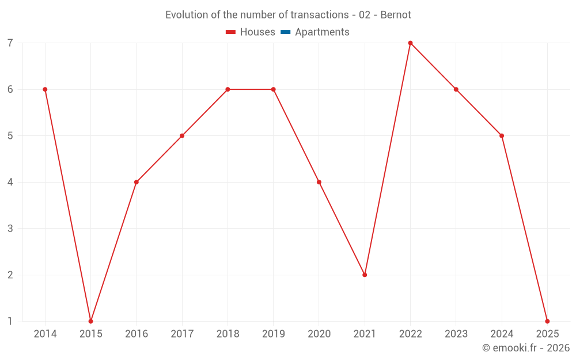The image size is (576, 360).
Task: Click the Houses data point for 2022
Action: [410, 43]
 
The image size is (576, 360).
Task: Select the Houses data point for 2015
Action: [90, 321]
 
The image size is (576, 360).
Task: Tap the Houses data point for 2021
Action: [365, 275]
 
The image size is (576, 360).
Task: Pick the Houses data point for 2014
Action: [45, 89]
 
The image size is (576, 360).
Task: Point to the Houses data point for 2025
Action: [547, 321]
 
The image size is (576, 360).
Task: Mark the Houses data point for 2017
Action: [182, 136]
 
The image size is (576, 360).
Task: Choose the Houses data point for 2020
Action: [319, 182]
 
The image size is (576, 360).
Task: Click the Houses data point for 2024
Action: [502, 136]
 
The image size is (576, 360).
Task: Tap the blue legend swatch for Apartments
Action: [285, 32]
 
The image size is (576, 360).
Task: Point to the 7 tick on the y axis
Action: [10, 43]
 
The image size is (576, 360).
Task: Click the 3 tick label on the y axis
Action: [10, 229]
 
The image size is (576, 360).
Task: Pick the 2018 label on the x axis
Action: [228, 334]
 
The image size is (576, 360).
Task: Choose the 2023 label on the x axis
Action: [456, 334]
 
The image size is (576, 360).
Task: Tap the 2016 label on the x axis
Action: [137, 334]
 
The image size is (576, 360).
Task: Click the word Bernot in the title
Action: [396, 15]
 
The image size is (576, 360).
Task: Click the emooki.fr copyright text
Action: [526, 348]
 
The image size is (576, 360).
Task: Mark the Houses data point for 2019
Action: [273, 89]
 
